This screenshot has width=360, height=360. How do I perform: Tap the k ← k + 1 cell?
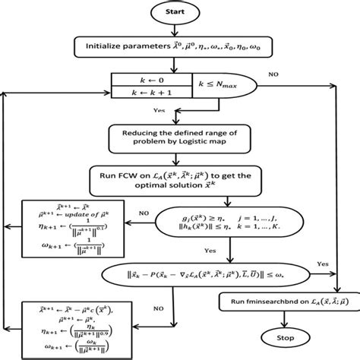click(x=144, y=91)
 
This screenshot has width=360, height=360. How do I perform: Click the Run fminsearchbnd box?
click(x=281, y=302)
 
